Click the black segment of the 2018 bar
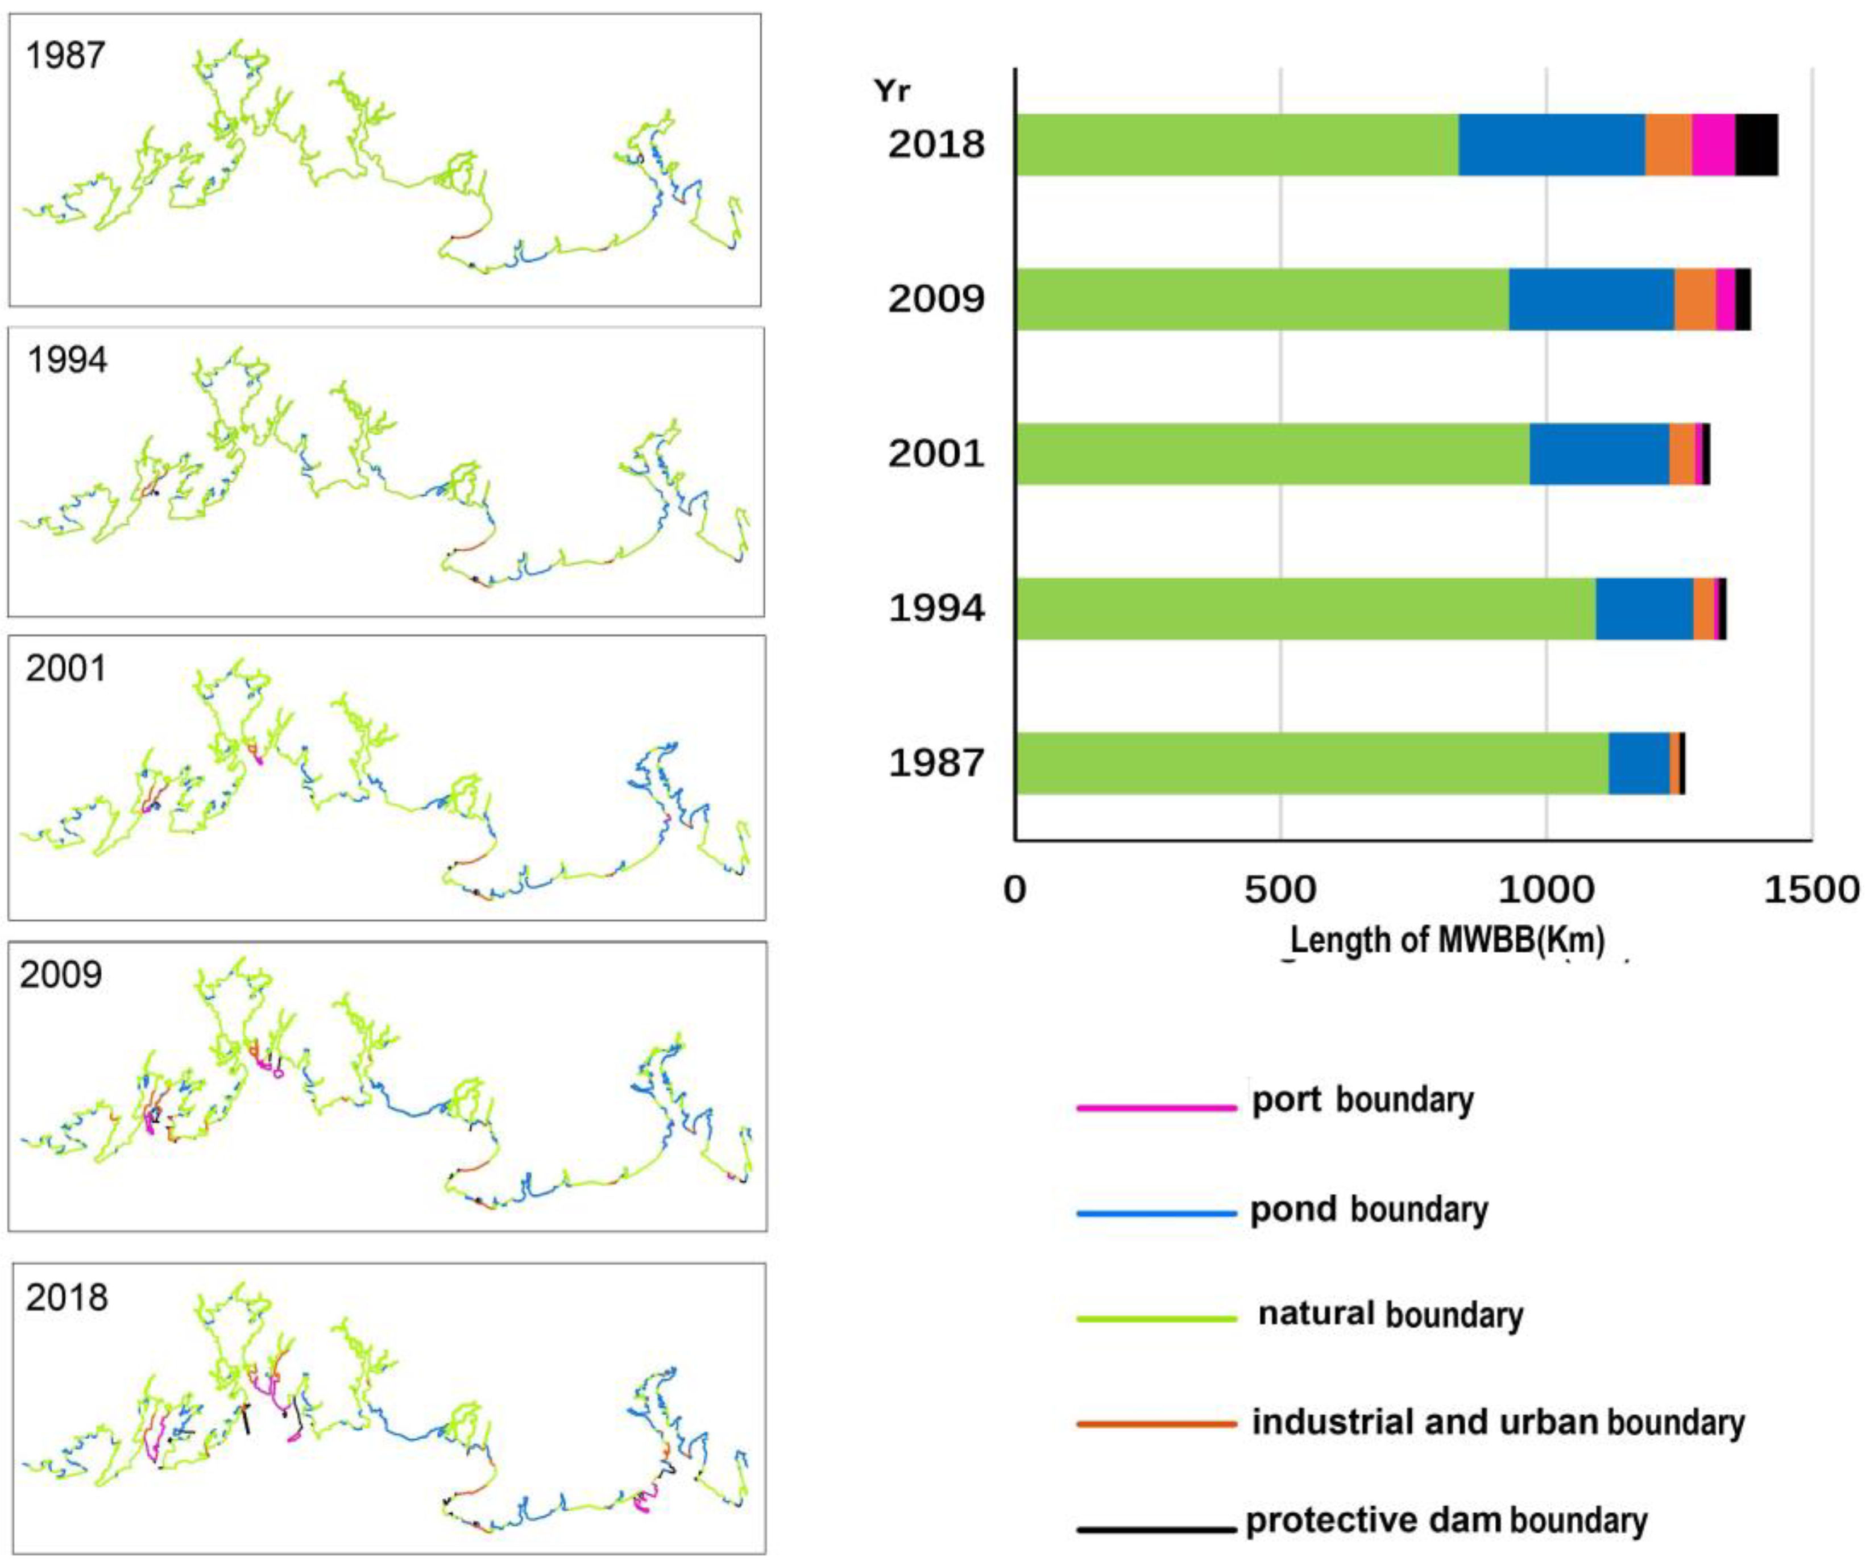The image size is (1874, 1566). tap(1756, 144)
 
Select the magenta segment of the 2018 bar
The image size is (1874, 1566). tap(1713, 144)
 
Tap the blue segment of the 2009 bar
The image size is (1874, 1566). tap(1591, 299)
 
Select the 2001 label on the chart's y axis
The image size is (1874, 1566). tap(935, 453)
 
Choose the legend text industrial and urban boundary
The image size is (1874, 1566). tap(1498, 1422)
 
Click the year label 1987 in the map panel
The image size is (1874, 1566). tap(65, 55)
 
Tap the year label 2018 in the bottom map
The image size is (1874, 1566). tap(66, 1297)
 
